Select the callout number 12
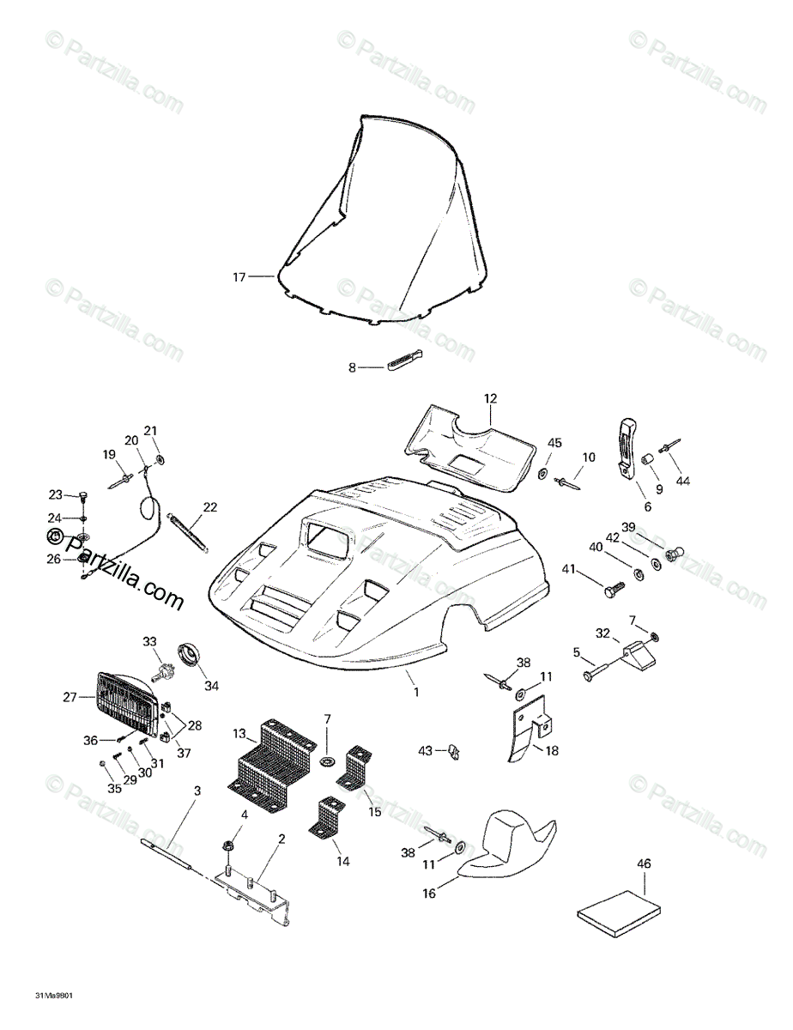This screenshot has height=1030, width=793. point(490,398)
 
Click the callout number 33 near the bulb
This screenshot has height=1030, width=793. point(150,640)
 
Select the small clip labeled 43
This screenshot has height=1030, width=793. point(452,753)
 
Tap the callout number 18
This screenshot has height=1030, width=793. point(551,750)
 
